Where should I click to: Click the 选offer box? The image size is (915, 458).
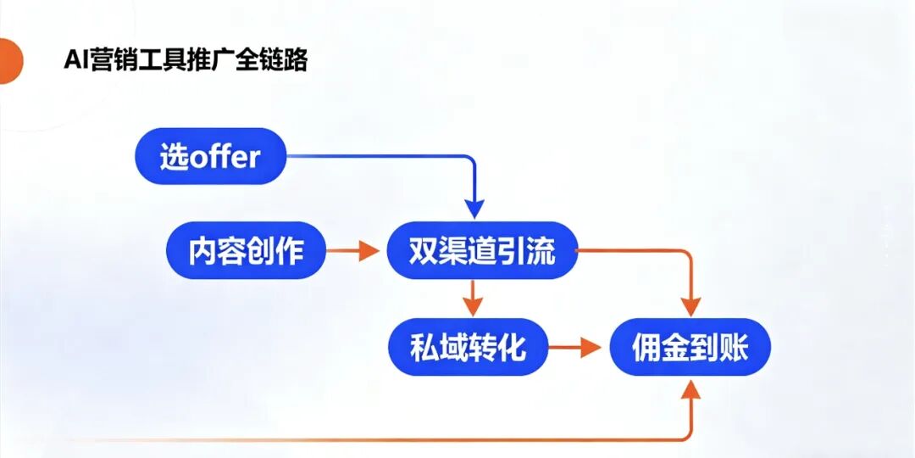point(209,157)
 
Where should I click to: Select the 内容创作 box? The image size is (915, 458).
point(246,251)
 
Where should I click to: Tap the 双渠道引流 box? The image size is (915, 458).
point(481,251)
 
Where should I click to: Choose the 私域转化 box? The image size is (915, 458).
point(469,347)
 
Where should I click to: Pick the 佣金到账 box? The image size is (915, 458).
point(690,348)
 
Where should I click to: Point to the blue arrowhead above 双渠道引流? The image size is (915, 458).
point(474,209)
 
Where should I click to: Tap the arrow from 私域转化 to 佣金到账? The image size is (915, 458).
point(579,347)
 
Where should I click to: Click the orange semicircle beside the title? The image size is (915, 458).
point(9,62)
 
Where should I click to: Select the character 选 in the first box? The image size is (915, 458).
point(174,157)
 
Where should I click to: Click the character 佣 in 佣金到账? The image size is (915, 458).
point(647,348)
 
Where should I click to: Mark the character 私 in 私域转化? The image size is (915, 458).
point(424,347)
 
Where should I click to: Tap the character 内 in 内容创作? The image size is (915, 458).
point(203,251)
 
